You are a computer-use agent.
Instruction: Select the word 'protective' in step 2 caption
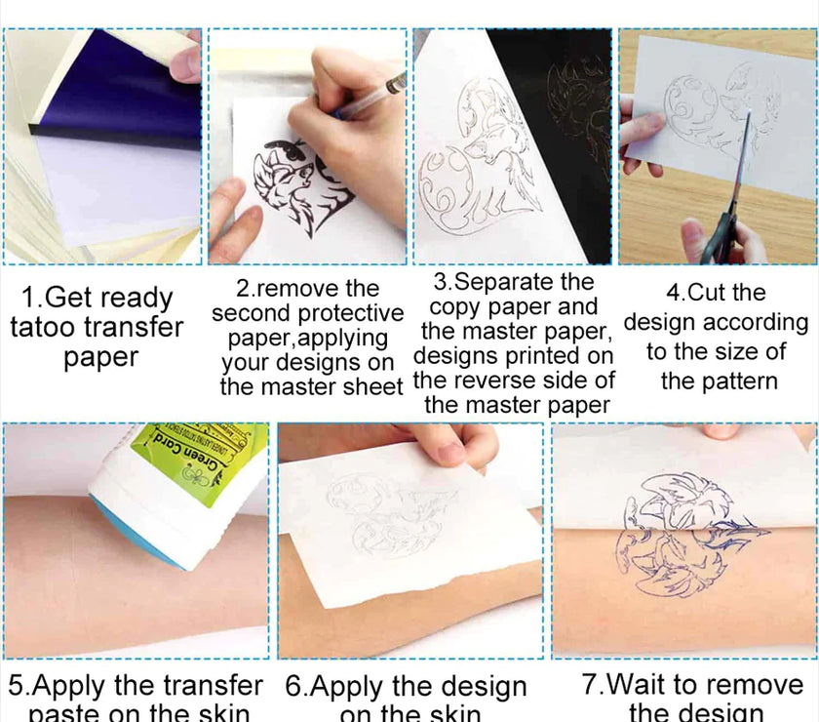pos(351,313)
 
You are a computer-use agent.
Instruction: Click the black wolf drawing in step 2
pos(293,186)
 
